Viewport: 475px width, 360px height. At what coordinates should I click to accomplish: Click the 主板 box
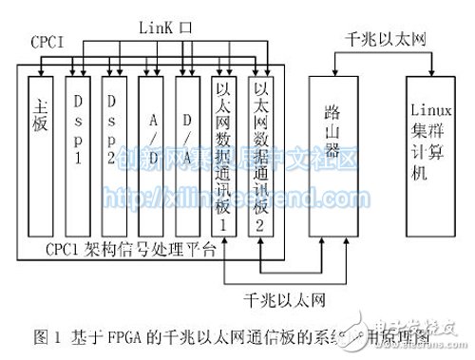41,157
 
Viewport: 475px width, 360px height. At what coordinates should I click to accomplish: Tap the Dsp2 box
114,157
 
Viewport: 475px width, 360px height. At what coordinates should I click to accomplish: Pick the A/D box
150,157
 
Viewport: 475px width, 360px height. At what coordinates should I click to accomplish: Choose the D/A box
186,157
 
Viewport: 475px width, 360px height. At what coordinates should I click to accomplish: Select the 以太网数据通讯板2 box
260,157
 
